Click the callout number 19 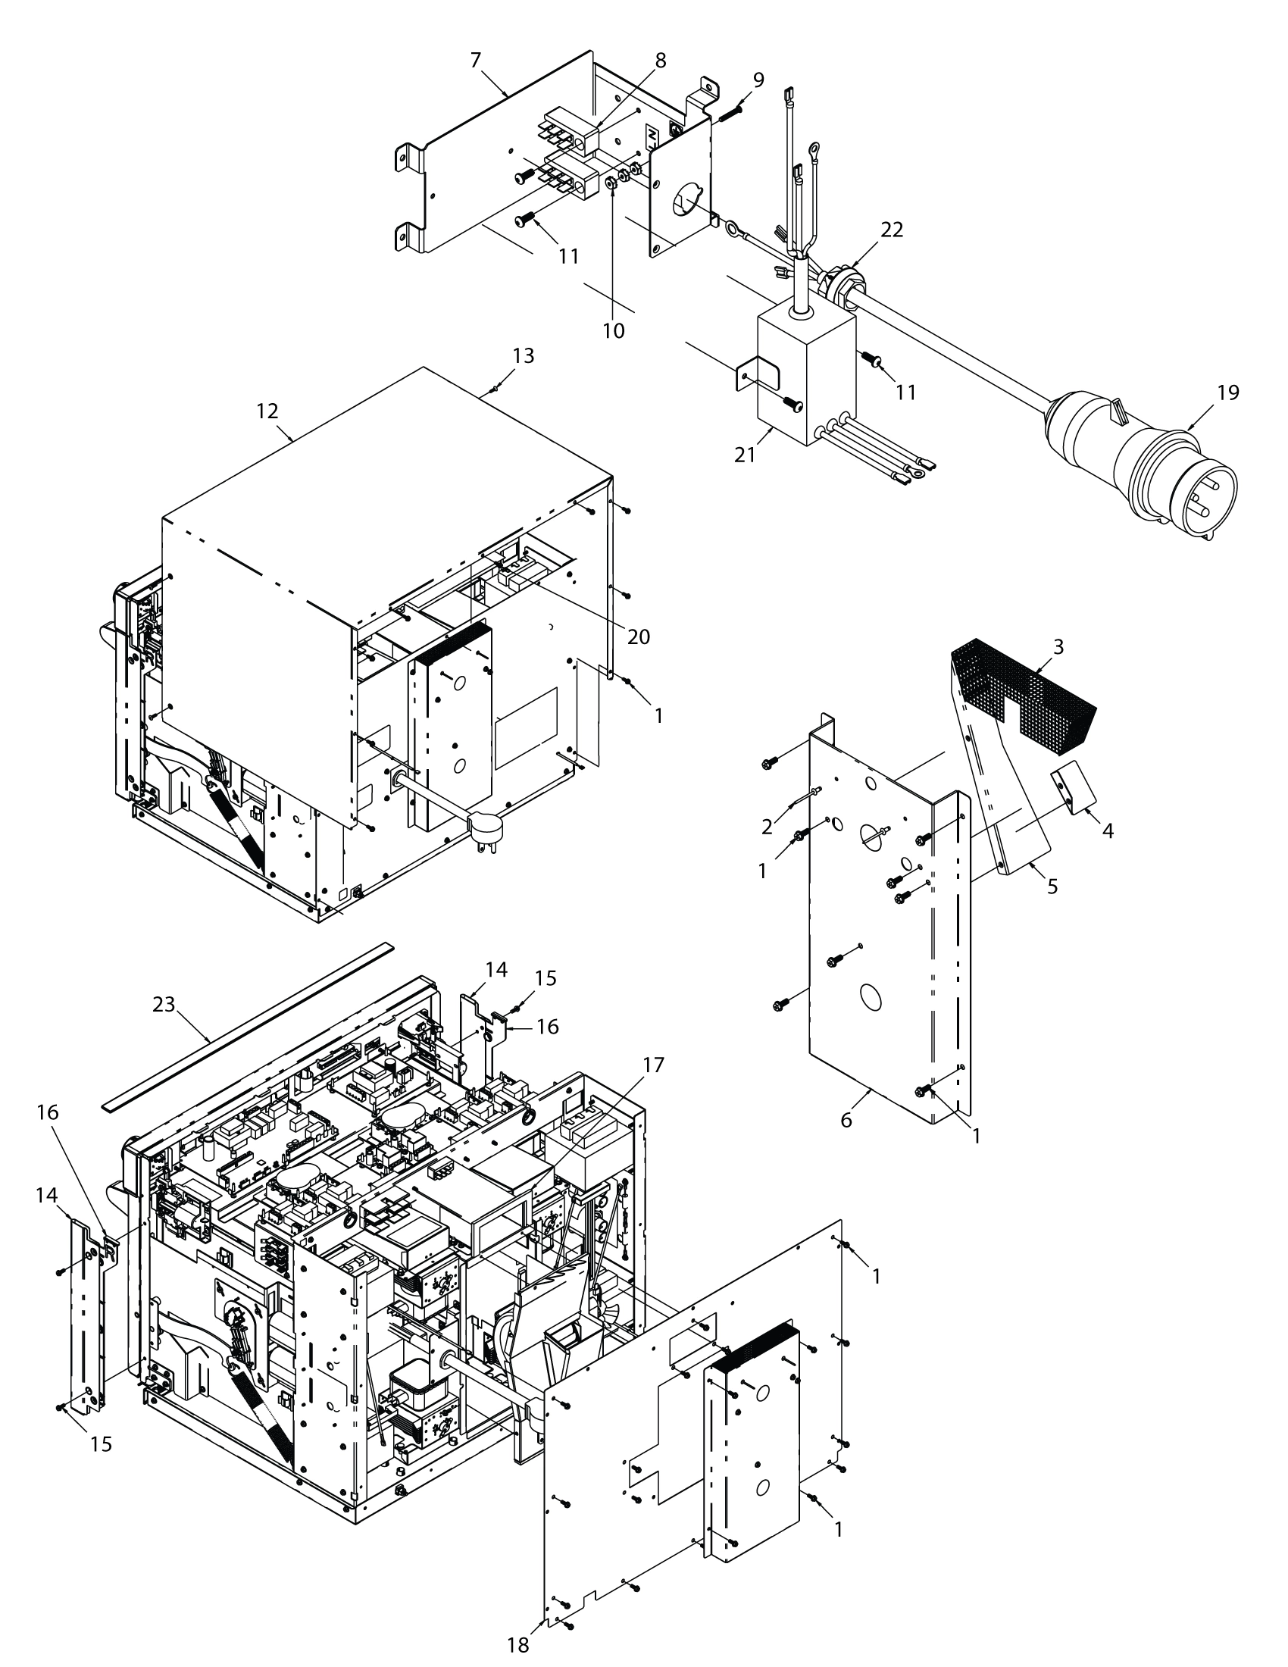pos(1227,393)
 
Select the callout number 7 pos(475,60)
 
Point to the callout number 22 pos(891,230)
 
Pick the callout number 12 pos(267,411)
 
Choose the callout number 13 pos(524,355)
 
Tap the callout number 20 pos(638,636)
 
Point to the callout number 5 pos(1052,887)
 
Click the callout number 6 pos(846,1120)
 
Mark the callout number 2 pos(767,827)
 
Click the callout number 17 pos(654,1065)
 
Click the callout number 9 pos(758,80)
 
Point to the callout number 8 pos(660,61)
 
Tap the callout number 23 pos(164,1005)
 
